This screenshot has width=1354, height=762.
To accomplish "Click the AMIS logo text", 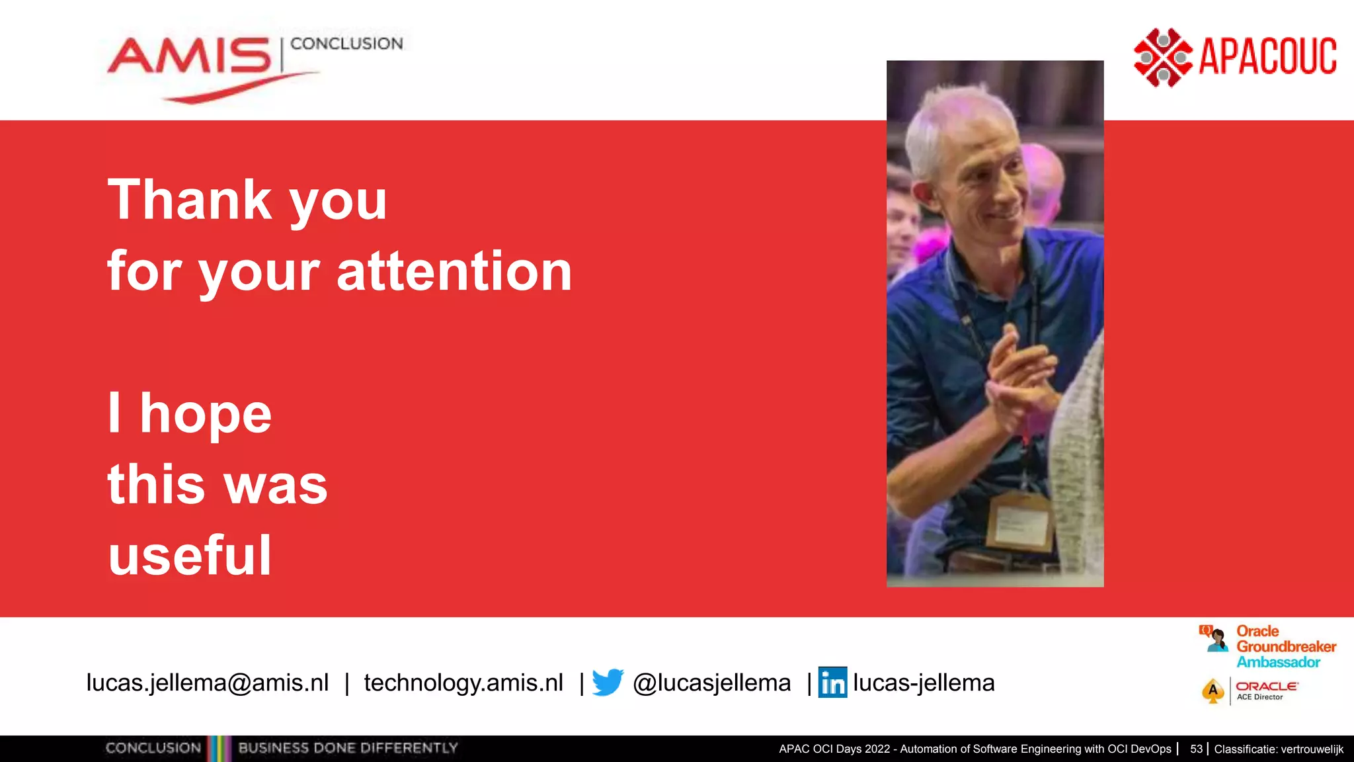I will point(189,56).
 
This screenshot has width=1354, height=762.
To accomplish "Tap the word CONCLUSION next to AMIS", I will point(346,44).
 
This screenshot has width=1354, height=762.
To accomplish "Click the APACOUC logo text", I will point(1267,56).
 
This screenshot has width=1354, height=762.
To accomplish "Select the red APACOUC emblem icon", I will point(1162,58).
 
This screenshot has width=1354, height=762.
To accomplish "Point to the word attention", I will point(454,271).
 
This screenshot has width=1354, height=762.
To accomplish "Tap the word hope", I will point(206,413).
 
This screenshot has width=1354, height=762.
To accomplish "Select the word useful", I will point(190,555).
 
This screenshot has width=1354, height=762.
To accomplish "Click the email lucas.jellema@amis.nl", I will point(208,683).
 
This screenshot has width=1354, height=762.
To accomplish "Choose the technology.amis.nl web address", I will point(463,683).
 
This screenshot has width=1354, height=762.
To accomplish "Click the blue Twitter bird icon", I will point(608,682).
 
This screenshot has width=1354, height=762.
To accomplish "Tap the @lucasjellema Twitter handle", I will point(711,683).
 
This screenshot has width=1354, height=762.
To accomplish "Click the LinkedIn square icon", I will point(832,682).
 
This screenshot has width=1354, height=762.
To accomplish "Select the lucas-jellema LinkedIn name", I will point(924,683).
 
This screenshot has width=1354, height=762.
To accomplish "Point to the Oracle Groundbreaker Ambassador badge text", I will point(1285,646).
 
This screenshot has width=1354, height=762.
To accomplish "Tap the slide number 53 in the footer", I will point(1196,749).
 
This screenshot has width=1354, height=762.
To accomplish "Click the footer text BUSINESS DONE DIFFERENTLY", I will point(348,748).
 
